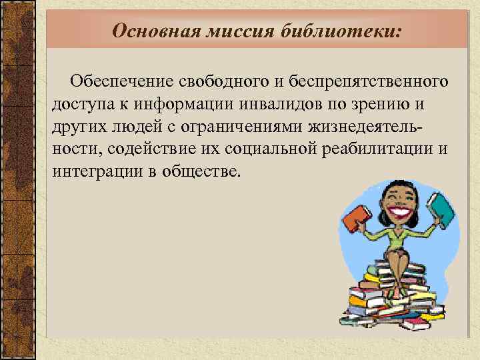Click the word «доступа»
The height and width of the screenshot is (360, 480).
(77, 105)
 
